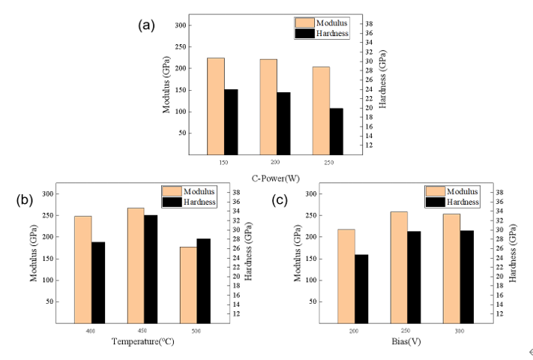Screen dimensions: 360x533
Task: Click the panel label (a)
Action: tap(146, 25)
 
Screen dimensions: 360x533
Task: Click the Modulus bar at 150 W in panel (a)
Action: tap(216, 106)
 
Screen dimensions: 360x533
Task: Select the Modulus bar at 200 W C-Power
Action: tap(268, 106)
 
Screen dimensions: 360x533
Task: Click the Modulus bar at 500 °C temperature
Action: tap(188, 284)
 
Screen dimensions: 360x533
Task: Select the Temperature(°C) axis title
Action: tap(142, 342)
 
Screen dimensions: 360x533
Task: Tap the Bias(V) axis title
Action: tap(406, 342)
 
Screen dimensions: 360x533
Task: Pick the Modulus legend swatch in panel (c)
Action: tap(435, 191)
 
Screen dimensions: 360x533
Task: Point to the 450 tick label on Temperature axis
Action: tap(142, 331)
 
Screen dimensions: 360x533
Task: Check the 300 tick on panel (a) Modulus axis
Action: tap(181, 25)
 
